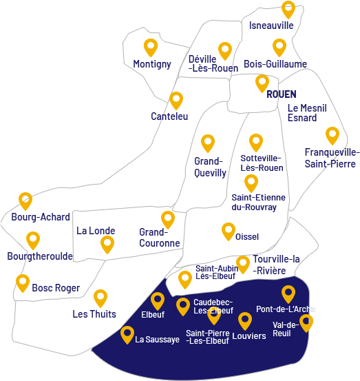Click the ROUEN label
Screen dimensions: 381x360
tap(281, 94)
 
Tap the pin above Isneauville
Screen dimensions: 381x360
tap(288, 9)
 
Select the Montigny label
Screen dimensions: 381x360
tap(152, 64)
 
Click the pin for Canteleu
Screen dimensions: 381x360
tap(176, 100)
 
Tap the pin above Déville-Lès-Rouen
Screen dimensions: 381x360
tap(225, 50)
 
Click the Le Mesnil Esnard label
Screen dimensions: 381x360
tap(307, 113)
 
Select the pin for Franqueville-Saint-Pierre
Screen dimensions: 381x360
tap(332, 134)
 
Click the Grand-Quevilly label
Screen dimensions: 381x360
tap(210, 167)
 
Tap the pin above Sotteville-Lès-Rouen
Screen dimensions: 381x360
tap(256, 142)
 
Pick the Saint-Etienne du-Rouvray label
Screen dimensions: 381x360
tap(258, 203)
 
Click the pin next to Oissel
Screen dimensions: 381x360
tap(229, 231)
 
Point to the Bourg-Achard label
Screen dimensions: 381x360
tap(41, 217)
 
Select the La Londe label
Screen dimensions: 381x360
tap(96, 231)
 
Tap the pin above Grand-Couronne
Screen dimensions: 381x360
tap(168, 219)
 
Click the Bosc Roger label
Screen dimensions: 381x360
tap(56, 288)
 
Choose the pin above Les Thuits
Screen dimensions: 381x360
tap(100, 297)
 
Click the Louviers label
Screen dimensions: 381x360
tap(249, 336)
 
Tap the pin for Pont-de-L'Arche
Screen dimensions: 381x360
tap(288, 294)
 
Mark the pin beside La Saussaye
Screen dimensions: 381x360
tap(127, 334)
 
